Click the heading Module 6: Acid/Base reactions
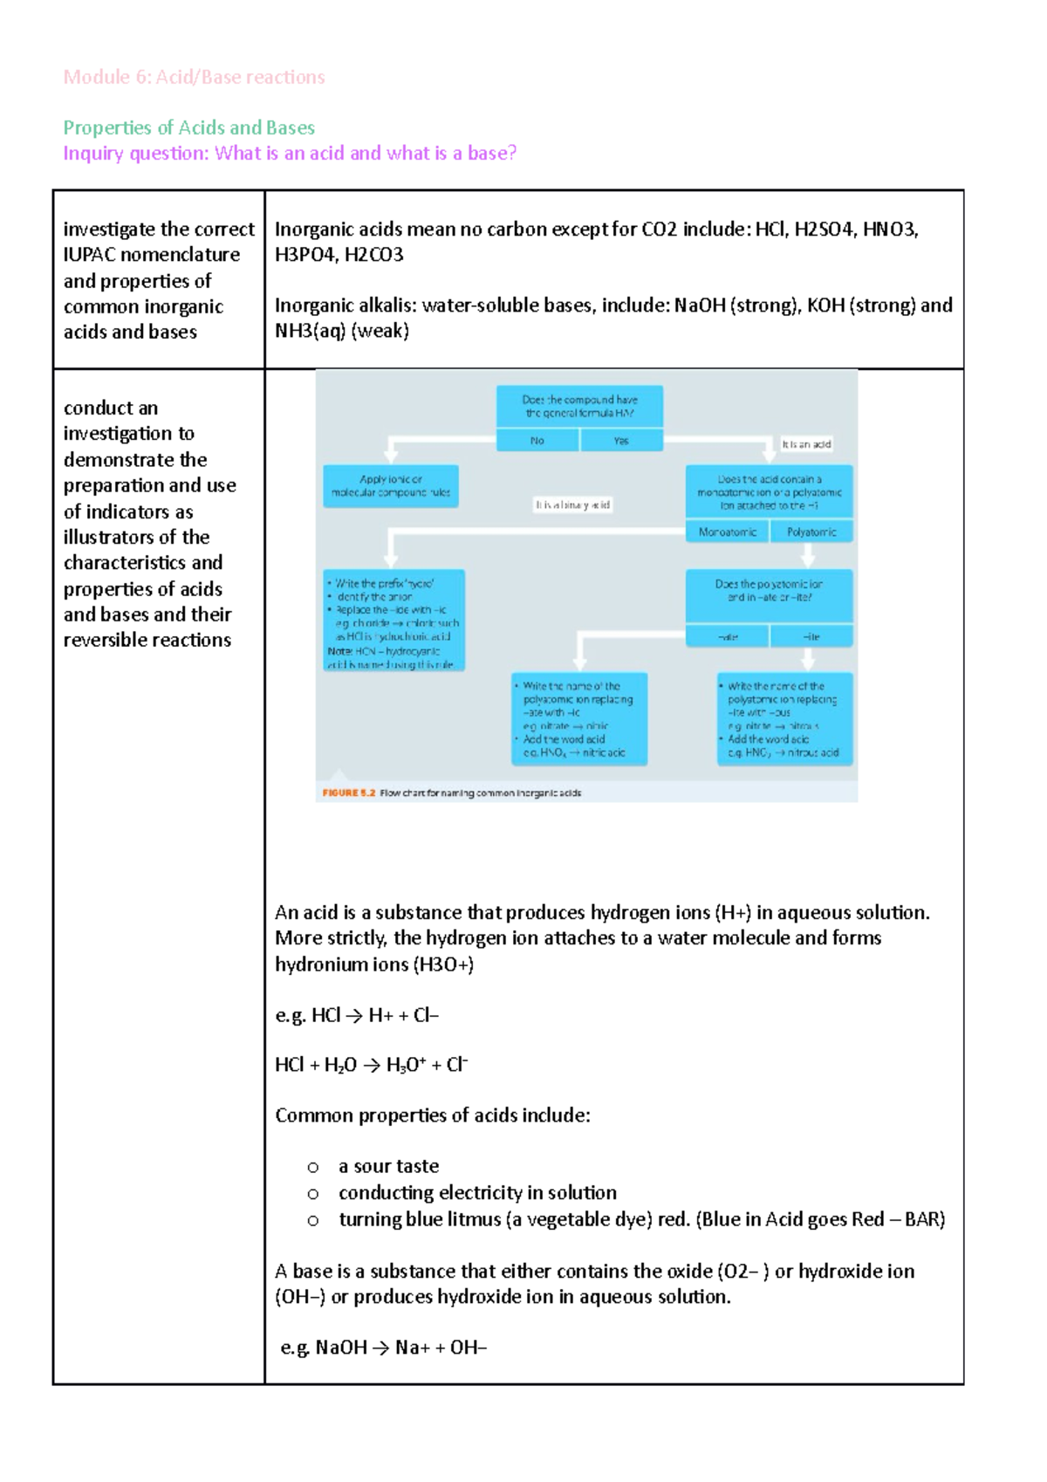[x=194, y=77]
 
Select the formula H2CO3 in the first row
[x=373, y=255]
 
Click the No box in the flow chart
[x=537, y=441]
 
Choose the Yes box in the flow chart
[x=620, y=441]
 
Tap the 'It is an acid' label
[x=805, y=444]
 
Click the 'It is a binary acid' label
[x=573, y=504]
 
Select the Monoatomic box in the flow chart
[x=727, y=532]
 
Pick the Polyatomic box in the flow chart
[x=811, y=532]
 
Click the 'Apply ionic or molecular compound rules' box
[x=391, y=486]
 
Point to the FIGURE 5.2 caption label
[x=348, y=792]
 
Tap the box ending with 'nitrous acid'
[x=784, y=718]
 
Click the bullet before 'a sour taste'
[x=313, y=1167]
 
